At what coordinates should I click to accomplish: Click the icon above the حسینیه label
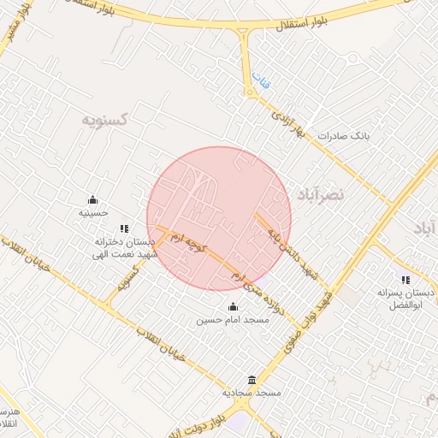(x=92, y=199)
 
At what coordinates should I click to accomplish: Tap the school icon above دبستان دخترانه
(x=124, y=228)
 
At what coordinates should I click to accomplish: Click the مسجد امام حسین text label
(x=233, y=321)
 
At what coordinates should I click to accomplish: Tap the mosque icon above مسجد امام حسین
(x=233, y=307)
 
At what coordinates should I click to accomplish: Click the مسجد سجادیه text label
(x=252, y=393)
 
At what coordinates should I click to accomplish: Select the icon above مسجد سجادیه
(x=252, y=380)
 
